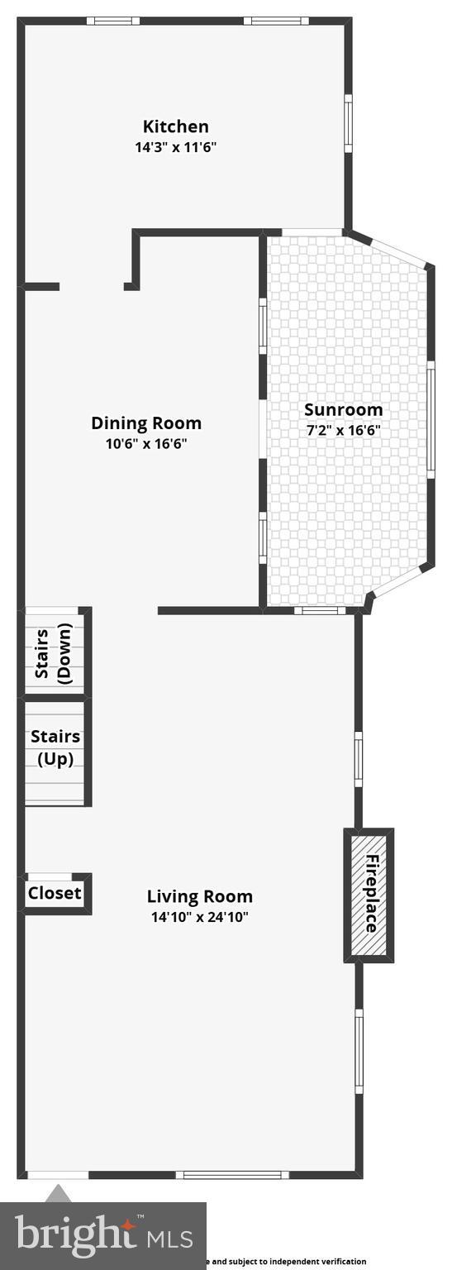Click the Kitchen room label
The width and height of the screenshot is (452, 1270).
pyautogui.click(x=176, y=127)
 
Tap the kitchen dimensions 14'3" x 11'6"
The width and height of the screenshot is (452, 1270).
pyautogui.click(x=176, y=148)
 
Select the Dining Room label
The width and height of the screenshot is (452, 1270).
pyautogui.click(x=146, y=423)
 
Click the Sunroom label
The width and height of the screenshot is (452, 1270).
pyautogui.click(x=344, y=409)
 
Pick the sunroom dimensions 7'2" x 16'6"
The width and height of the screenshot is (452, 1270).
pyautogui.click(x=342, y=430)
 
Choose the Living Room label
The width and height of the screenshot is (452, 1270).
pyautogui.click(x=200, y=896)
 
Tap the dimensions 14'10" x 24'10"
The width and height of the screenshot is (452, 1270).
pyautogui.click(x=200, y=917)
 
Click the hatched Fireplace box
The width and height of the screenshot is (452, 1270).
pyautogui.click(x=369, y=895)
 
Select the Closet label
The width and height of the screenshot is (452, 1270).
pyautogui.click(x=55, y=893)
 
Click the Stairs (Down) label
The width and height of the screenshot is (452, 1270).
pyautogui.click(x=55, y=653)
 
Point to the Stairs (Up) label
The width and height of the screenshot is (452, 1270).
pyautogui.click(x=55, y=747)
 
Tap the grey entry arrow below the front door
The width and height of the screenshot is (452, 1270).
pyautogui.click(x=58, y=1192)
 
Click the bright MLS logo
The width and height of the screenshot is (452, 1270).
pyautogui.click(x=103, y=1236)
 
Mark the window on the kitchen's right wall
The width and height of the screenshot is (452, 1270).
pyautogui.click(x=349, y=123)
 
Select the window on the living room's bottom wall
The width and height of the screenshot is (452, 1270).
pyautogui.click(x=231, y=1174)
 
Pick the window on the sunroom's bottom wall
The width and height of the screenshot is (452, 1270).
pyautogui.click(x=320, y=611)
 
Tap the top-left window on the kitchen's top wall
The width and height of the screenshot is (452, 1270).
pyautogui.click(x=113, y=21)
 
